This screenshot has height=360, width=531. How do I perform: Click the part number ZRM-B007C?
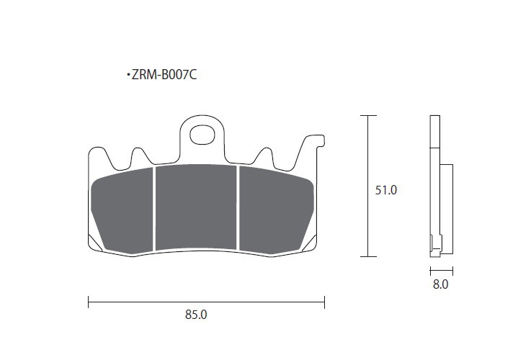coord(164,75)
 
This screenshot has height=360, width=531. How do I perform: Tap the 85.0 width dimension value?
coord(196,315)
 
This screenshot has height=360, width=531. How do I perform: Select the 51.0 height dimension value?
coord(385,190)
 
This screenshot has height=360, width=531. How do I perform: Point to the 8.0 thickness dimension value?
coord(441,284)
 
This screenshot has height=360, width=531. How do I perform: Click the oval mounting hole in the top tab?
coord(202,135)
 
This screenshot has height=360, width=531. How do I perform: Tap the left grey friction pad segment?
coord(123,210)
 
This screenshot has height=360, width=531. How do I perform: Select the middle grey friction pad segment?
coord(197,207)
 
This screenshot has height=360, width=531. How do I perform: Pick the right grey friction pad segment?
coord(276,209)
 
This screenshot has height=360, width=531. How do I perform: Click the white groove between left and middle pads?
coord(154,209)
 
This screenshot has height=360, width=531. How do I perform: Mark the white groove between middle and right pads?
coord(238,208)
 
